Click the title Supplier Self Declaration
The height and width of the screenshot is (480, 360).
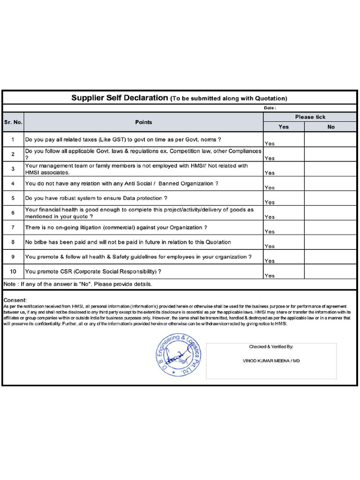(x=120, y=98)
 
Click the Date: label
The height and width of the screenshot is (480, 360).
(x=270, y=108)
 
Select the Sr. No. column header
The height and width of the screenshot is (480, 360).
(x=13, y=122)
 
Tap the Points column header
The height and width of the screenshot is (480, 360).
(x=143, y=122)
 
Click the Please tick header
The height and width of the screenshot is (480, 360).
(x=310, y=117)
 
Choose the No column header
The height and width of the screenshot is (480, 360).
(x=331, y=127)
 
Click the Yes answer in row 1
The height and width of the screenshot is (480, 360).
(x=270, y=143)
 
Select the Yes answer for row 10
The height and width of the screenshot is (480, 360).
(x=270, y=276)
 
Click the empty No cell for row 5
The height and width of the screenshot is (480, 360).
(x=331, y=198)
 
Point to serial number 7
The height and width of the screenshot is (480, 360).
(x=13, y=227)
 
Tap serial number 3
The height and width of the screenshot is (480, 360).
(x=13, y=169)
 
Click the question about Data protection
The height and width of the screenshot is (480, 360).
(x=96, y=198)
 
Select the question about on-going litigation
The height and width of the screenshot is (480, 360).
(x=116, y=227)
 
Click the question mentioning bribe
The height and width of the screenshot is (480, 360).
(x=128, y=242)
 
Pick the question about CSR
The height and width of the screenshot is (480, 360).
(x=93, y=271)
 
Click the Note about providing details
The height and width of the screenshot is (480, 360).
(x=78, y=284)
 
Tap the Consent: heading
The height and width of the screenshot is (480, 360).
(x=15, y=300)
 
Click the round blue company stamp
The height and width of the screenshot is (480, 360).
(x=178, y=355)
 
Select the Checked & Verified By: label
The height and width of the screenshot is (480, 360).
(x=271, y=347)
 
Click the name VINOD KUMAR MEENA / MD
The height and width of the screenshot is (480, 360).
(x=271, y=361)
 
